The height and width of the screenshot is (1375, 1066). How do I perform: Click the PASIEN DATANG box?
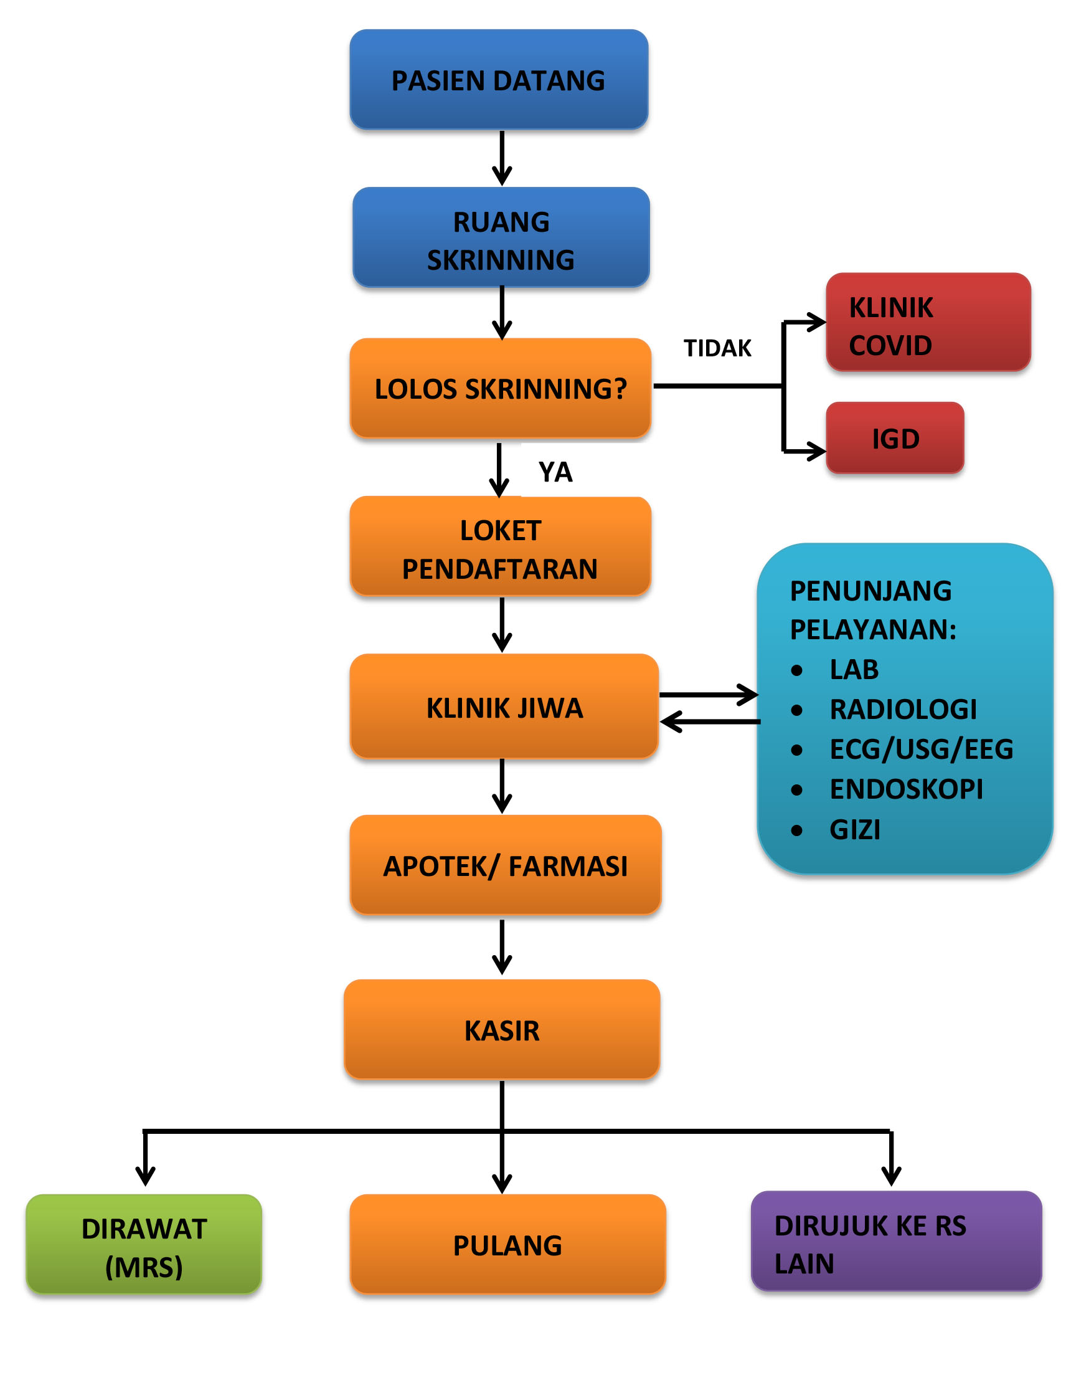tap(499, 79)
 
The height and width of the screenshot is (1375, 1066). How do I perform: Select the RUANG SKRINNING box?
tap(501, 237)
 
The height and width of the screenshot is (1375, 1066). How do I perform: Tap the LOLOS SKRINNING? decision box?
tap(501, 388)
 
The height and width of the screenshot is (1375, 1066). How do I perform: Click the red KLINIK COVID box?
tap(929, 322)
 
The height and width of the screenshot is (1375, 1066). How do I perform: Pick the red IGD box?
tap(895, 438)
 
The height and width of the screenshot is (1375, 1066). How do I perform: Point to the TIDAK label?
tap(718, 348)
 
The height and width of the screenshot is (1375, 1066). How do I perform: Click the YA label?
tap(555, 472)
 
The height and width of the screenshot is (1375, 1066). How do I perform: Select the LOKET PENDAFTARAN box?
tap(501, 546)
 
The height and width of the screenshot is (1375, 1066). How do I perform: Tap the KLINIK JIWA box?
tap(505, 706)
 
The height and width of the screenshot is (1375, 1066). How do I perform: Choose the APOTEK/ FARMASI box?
tap(506, 865)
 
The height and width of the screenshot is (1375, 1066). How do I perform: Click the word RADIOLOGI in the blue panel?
tap(903, 710)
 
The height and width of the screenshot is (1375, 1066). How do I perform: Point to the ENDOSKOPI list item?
tap(906, 789)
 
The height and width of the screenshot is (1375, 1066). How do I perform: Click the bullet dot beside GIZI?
tap(796, 830)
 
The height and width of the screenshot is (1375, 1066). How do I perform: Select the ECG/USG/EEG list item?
tap(922, 749)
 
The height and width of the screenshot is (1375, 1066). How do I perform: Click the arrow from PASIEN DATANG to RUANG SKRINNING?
tap(502, 158)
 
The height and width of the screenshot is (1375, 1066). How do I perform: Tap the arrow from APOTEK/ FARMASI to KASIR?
tap(502, 948)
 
